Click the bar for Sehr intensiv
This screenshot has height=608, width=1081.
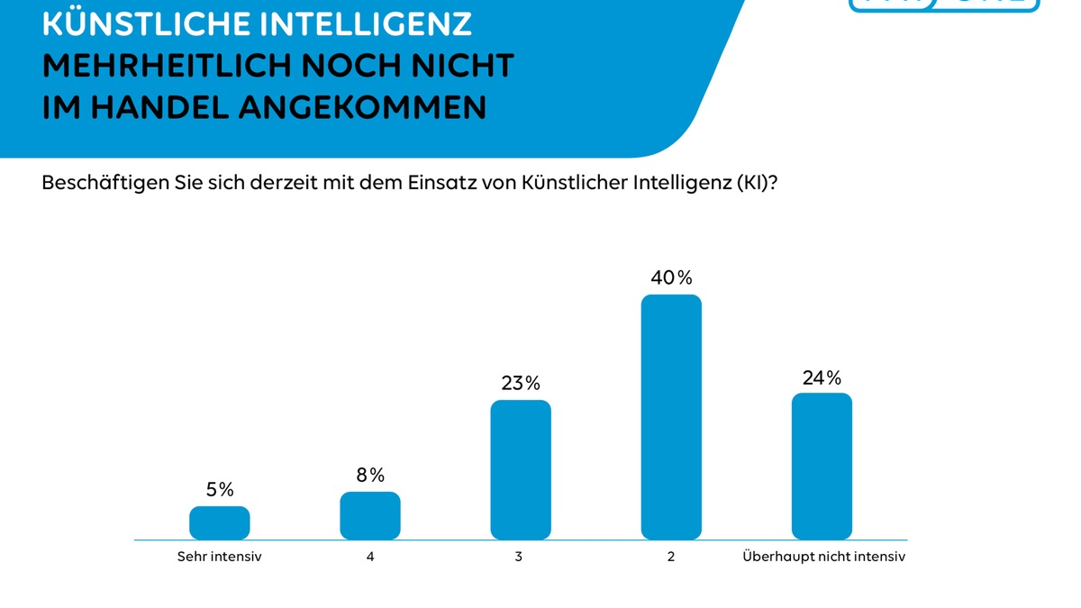220,522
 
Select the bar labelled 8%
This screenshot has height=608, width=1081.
370,515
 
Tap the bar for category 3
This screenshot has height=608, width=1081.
521,469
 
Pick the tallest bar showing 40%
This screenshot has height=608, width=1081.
671,417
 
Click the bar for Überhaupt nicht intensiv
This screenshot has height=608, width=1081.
822,466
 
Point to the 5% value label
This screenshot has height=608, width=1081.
220,490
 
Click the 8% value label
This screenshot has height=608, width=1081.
370,475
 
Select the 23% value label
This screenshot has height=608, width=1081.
521,384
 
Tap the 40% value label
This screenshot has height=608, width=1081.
671,278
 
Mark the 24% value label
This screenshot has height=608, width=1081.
822,377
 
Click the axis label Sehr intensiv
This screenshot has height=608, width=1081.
220,557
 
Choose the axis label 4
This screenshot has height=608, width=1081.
370,557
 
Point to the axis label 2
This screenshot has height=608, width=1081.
671,557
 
